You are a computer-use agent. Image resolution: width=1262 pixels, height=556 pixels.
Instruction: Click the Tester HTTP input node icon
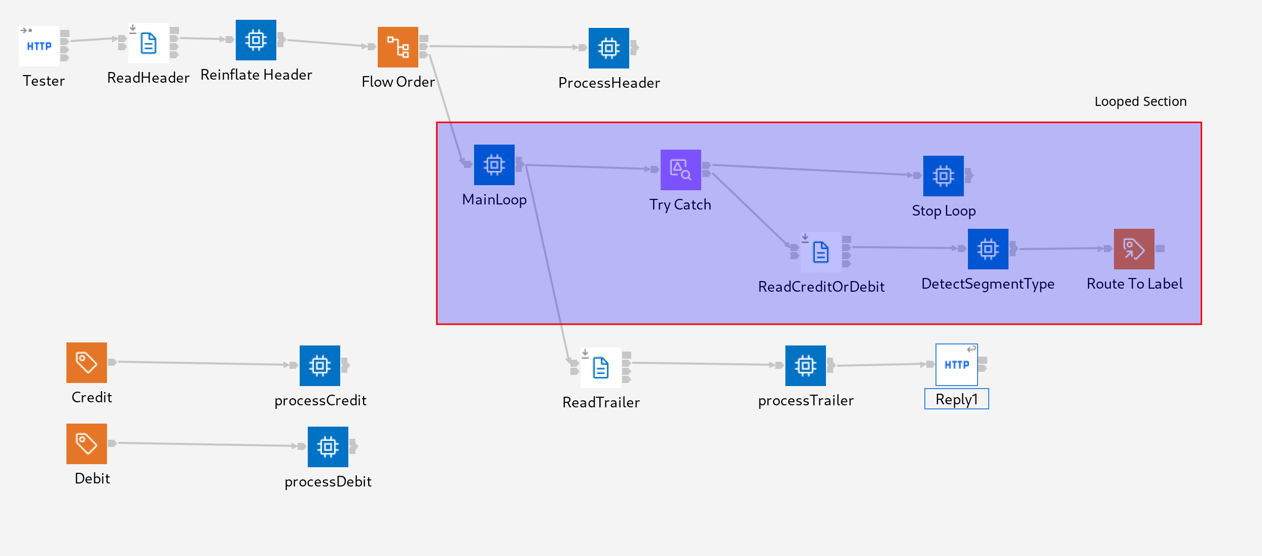pyautogui.click(x=39, y=46)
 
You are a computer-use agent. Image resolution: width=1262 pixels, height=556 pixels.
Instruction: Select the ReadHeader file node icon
pyautogui.click(x=148, y=43)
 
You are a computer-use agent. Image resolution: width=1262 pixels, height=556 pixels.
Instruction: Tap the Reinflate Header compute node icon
pyautogui.click(x=256, y=40)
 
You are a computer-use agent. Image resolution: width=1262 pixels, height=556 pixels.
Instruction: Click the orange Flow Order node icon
pyautogui.click(x=398, y=47)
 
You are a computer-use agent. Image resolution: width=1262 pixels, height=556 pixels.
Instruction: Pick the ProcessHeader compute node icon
pyautogui.click(x=609, y=48)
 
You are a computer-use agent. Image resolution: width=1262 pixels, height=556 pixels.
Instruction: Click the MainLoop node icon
pyautogui.click(x=494, y=165)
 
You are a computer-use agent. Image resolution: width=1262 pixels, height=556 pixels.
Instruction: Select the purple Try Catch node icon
pyautogui.click(x=681, y=170)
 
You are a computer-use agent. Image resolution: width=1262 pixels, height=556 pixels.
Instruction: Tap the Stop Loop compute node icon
pyautogui.click(x=944, y=176)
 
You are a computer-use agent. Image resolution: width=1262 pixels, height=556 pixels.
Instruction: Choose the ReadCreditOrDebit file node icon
pyautogui.click(x=821, y=252)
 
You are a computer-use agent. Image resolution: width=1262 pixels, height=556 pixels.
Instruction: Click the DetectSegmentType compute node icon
pyautogui.click(x=988, y=249)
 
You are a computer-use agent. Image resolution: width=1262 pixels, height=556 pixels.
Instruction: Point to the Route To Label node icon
pyautogui.click(x=1134, y=249)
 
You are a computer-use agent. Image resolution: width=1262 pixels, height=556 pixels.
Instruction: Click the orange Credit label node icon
pyautogui.click(x=87, y=363)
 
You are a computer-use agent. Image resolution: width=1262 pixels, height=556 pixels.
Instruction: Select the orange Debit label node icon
pyautogui.click(x=87, y=444)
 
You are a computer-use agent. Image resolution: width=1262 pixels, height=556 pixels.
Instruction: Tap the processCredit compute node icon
pyautogui.click(x=320, y=366)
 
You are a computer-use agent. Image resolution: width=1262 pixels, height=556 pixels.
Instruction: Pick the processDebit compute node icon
pyautogui.click(x=328, y=447)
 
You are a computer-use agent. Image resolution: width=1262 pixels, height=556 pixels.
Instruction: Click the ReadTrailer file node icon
pyautogui.click(x=601, y=368)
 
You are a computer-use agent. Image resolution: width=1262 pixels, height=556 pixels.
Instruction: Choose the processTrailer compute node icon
pyautogui.click(x=806, y=366)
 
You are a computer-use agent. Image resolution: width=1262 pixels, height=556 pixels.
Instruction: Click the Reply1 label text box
pyautogui.click(x=957, y=399)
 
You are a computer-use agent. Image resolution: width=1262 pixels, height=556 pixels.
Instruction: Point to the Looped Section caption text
pyautogui.click(x=1140, y=101)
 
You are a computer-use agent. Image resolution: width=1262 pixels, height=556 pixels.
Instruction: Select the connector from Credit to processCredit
pyautogui.click(x=203, y=363)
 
